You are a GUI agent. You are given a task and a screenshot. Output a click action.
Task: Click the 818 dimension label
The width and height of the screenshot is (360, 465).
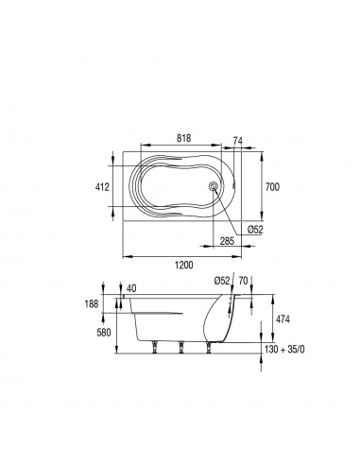183,138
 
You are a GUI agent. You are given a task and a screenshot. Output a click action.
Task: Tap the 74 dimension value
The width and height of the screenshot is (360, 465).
238,141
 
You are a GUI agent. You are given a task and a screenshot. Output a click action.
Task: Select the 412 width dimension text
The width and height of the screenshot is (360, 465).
102,187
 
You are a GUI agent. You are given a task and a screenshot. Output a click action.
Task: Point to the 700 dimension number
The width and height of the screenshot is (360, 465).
272,187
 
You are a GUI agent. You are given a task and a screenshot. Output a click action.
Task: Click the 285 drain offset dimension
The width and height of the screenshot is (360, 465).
227,241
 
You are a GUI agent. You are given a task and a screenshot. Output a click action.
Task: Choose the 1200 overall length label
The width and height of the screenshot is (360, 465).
184,265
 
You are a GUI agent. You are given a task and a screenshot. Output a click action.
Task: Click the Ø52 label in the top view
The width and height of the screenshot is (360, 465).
255,230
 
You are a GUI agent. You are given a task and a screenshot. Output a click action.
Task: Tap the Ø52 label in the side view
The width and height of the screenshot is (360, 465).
222,280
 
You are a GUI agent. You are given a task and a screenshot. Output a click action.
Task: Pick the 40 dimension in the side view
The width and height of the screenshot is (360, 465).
131,288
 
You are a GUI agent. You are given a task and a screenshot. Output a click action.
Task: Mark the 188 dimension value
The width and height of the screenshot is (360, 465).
92,304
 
